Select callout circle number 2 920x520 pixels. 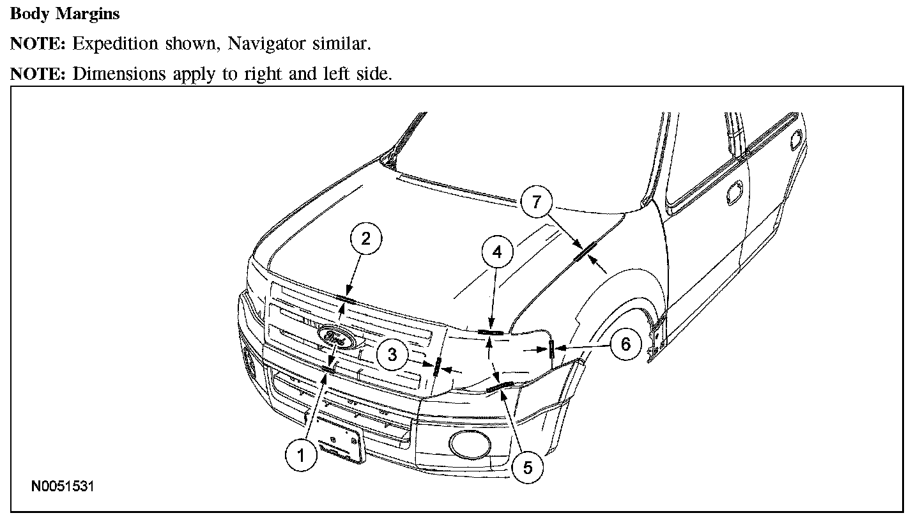pyautogui.click(x=365, y=240)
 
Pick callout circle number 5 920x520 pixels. pyautogui.click(x=527, y=467)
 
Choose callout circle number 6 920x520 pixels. pyautogui.click(x=625, y=344)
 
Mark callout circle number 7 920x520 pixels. pyautogui.click(x=535, y=203)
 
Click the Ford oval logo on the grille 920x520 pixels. pyautogui.click(x=336, y=337)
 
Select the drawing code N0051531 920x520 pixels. pyautogui.click(x=63, y=487)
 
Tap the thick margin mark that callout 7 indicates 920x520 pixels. pyautogui.click(x=585, y=251)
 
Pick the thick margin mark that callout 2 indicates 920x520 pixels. pyautogui.click(x=346, y=298)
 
